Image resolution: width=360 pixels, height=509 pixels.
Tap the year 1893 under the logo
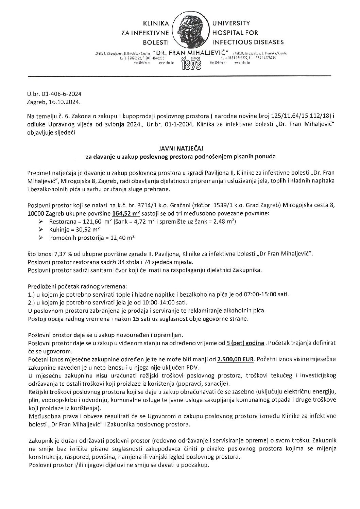(191, 64)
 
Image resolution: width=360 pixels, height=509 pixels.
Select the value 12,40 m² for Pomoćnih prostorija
(117, 238)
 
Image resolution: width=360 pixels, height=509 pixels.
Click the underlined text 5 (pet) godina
(245, 343)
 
